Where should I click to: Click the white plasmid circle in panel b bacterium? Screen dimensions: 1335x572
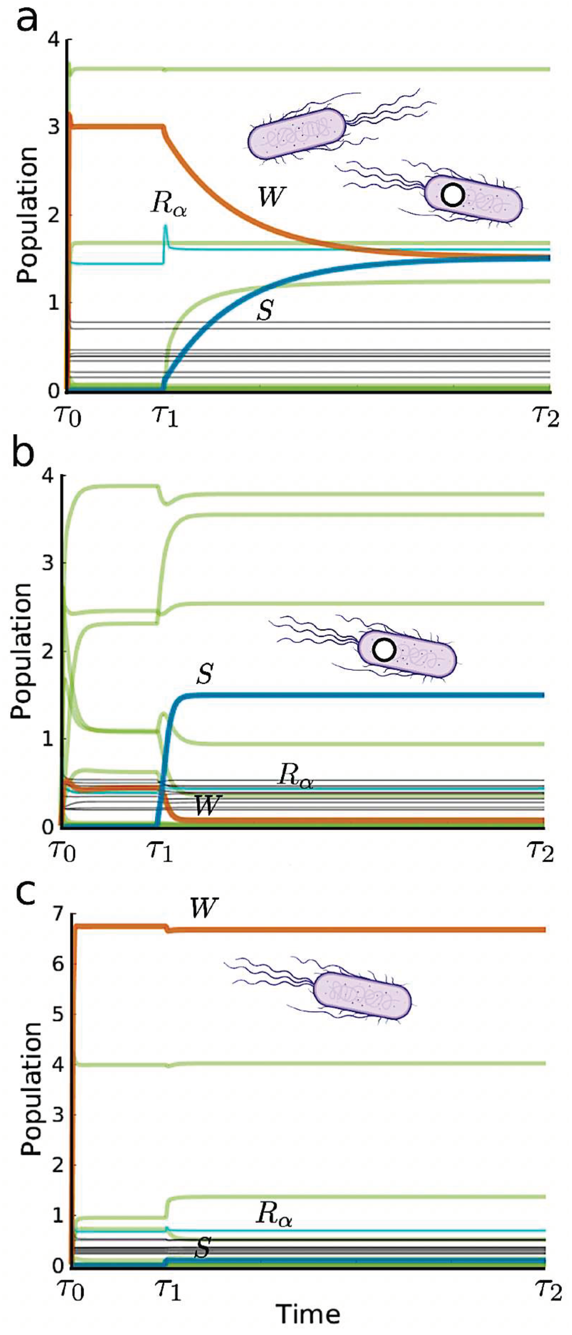point(384,650)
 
